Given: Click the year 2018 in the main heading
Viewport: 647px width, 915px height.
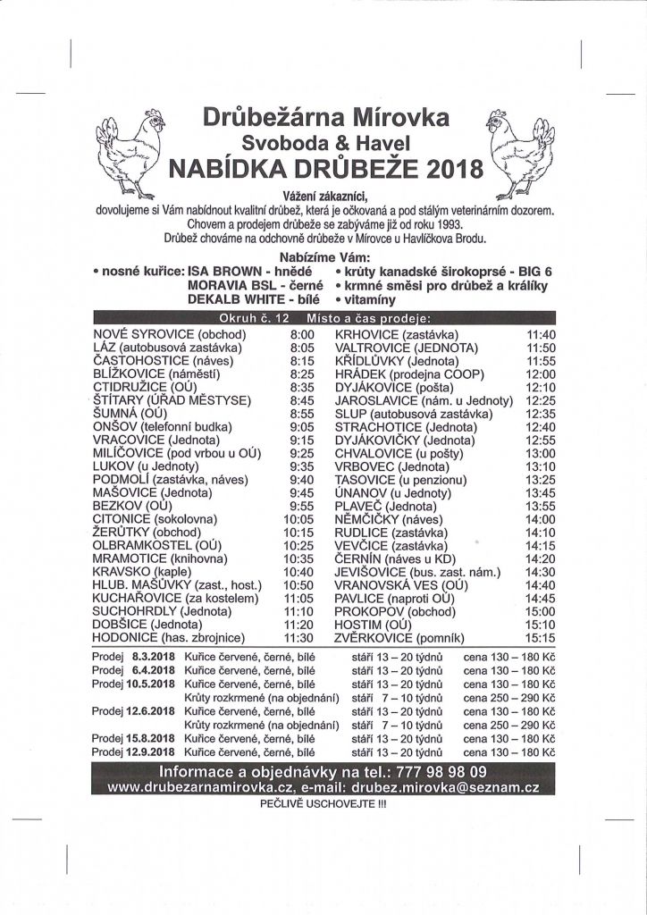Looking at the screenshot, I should [454, 169].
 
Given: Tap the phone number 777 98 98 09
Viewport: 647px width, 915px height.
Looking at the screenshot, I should [438, 771].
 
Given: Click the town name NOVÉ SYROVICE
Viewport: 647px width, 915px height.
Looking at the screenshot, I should [143, 334].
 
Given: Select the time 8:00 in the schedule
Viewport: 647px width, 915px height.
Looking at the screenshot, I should [303, 334].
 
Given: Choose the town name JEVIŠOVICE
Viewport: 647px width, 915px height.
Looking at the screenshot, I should [371, 572].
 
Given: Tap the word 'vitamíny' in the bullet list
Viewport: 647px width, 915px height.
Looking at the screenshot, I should [368, 300].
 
